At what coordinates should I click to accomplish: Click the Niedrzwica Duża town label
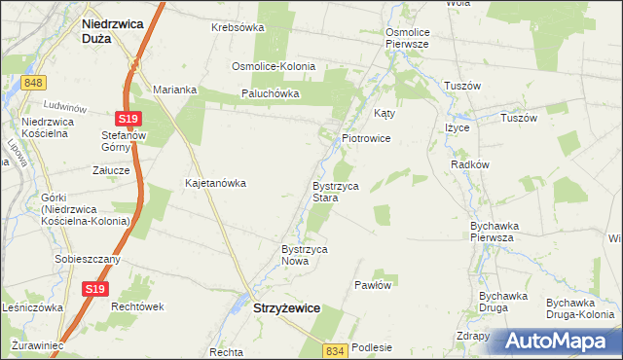(x=110, y=29)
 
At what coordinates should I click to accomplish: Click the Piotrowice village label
(x=366, y=139)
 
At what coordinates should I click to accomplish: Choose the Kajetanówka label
(x=215, y=183)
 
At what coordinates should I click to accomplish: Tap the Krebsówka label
(x=238, y=27)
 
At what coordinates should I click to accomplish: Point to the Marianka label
(x=174, y=90)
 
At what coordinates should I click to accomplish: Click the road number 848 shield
(x=35, y=84)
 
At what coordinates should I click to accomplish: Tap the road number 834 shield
(x=336, y=349)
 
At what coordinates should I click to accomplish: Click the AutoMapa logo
(x=560, y=342)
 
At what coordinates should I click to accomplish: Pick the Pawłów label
(x=373, y=286)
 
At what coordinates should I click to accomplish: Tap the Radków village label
(x=469, y=165)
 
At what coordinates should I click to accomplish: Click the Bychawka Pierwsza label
(x=492, y=232)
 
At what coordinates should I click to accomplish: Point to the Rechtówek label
(x=135, y=306)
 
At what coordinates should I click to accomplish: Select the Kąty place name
(x=385, y=113)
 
